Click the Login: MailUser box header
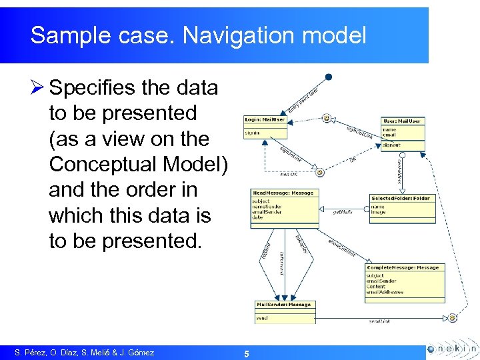[x=265, y=120]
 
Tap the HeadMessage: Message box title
[x=283, y=193]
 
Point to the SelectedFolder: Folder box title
[x=401, y=198]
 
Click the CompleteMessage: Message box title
[x=403, y=267]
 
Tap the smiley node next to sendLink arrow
[x=452, y=317]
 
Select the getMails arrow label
[x=342, y=212]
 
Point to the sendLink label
[x=380, y=321]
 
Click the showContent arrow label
[x=341, y=248]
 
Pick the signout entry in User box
[x=391, y=144]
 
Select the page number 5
[x=247, y=354]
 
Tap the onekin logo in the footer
[x=451, y=349]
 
